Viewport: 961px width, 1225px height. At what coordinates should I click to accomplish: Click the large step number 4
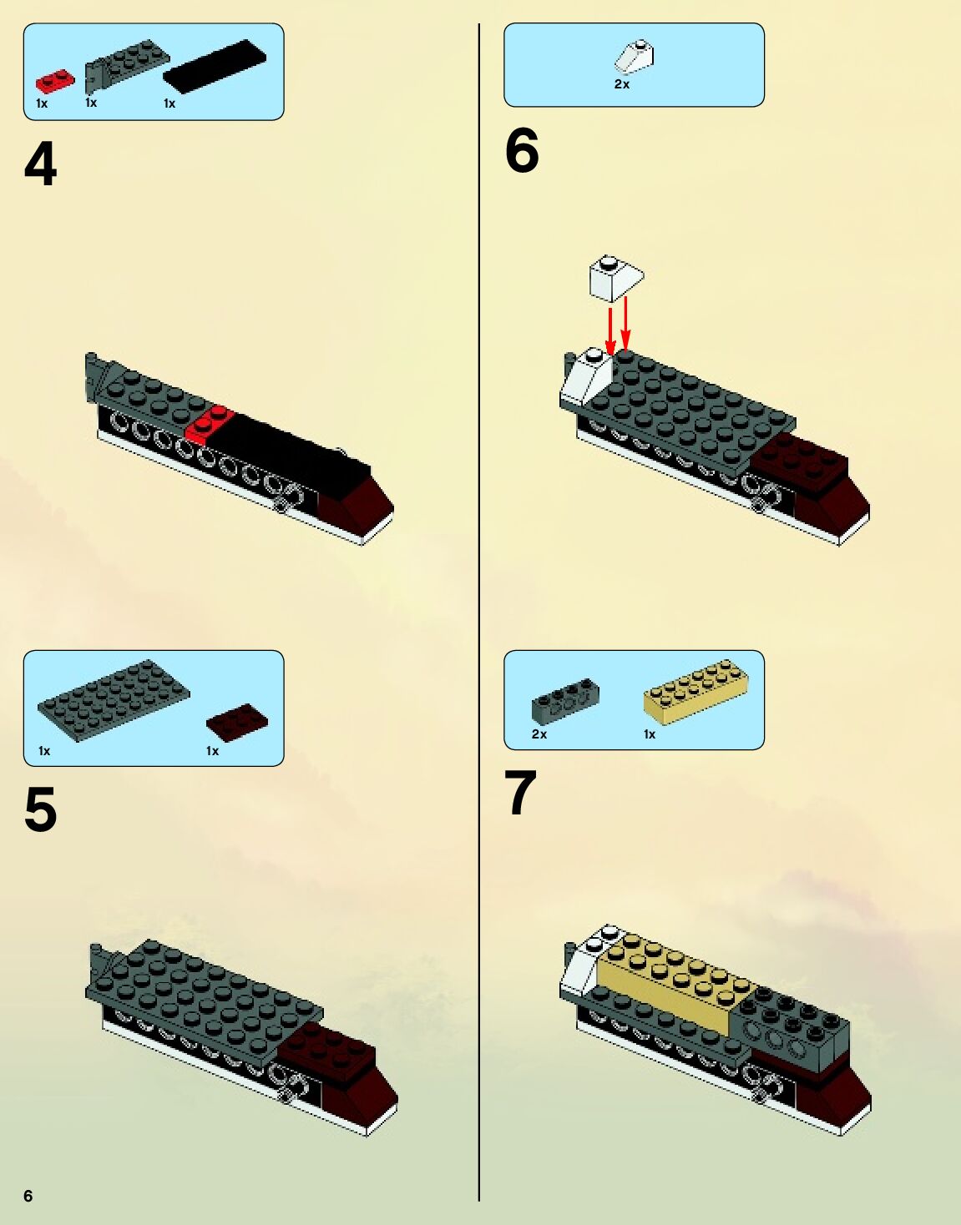[x=41, y=164]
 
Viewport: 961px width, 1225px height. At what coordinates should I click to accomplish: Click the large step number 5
[x=41, y=809]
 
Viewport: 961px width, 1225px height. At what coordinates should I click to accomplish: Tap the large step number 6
[x=522, y=150]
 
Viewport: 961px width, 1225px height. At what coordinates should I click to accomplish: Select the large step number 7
[x=520, y=793]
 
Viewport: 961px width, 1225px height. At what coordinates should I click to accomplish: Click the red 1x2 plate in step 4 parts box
[x=55, y=81]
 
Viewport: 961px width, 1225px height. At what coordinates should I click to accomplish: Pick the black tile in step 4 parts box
[x=215, y=66]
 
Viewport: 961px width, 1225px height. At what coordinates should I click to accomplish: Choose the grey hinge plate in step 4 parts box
[x=126, y=65]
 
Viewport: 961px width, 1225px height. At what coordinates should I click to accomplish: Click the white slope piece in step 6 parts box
[x=635, y=57]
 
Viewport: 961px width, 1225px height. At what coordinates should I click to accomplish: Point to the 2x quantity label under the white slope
[x=621, y=84]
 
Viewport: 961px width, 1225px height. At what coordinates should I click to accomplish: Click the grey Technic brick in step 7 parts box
[x=565, y=701]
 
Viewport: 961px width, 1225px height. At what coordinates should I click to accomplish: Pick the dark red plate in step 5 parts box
[x=237, y=722]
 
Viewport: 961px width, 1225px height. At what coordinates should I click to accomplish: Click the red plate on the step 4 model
[x=209, y=425]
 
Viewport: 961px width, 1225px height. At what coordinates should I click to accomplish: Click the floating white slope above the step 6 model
[x=616, y=278]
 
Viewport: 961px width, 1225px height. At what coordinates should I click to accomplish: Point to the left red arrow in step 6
[x=609, y=332]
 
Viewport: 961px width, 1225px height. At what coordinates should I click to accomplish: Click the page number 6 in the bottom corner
[x=28, y=1196]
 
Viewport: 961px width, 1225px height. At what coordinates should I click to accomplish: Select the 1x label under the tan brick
[x=650, y=734]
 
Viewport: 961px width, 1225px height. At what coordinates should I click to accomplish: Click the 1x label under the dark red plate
[x=212, y=752]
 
